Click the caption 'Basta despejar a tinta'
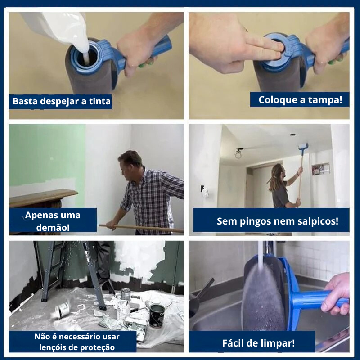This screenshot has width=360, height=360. point(61,101)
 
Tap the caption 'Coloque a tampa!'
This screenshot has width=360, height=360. point(300,99)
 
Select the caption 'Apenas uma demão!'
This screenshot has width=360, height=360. point(53,220)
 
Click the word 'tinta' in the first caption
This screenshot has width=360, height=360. point(99,101)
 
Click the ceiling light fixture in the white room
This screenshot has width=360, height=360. point(238,153)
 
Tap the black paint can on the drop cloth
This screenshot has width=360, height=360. point(157,315)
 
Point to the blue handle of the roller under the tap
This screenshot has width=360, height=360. point(315,299)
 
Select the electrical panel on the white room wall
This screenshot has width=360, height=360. point(320,169)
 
